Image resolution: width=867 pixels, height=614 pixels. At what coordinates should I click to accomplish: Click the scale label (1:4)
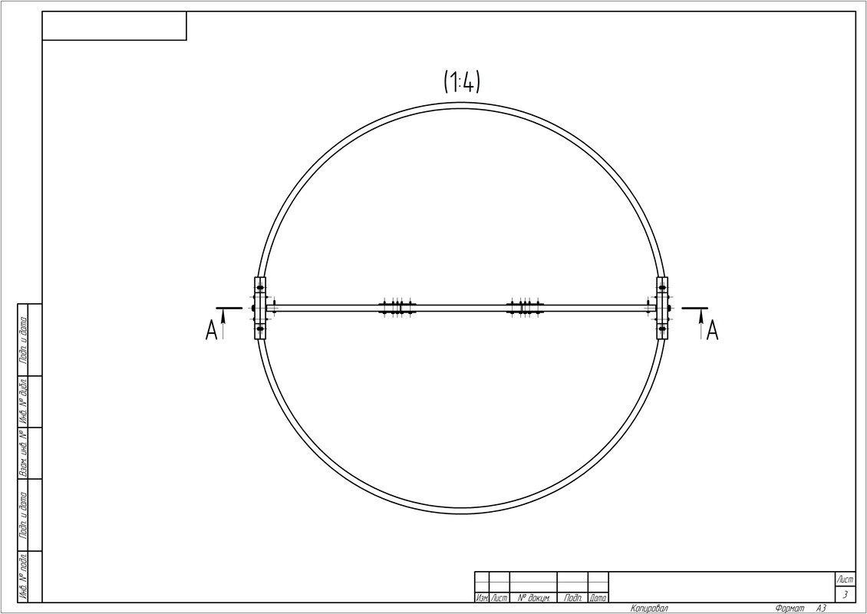(x=462, y=82)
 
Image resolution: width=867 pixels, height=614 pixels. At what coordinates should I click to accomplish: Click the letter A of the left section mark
(x=211, y=331)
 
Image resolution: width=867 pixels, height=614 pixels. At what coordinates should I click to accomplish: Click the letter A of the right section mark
(x=712, y=331)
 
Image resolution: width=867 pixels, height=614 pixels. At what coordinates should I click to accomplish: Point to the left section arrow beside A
(x=223, y=324)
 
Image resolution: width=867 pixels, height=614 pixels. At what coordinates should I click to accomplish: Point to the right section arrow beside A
(x=701, y=324)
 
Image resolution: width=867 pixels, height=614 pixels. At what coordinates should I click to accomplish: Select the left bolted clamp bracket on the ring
(x=260, y=308)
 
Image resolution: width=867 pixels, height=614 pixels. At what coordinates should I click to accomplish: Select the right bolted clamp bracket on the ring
(x=662, y=308)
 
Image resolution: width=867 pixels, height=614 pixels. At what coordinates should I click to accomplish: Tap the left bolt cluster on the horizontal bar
(x=397, y=308)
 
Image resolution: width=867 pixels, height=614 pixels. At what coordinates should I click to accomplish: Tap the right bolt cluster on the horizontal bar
(x=526, y=308)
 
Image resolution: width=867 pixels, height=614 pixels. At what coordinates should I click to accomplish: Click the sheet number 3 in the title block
(x=844, y=595)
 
